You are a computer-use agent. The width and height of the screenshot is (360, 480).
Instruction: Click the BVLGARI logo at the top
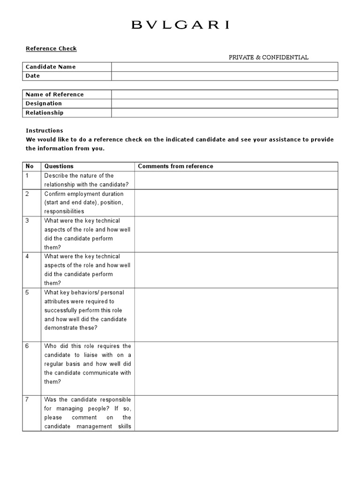[180, 25]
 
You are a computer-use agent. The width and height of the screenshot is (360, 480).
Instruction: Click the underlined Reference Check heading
[51, 48]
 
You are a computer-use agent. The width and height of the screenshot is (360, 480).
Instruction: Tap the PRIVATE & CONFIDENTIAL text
[269, 57]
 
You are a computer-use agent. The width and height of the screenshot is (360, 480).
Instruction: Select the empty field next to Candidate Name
[224, 67]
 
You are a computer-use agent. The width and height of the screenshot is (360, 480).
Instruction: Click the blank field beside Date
[224, 76]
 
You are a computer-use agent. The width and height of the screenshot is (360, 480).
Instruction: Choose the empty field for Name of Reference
[224, 94]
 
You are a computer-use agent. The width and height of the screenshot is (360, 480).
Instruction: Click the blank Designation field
[224, 103]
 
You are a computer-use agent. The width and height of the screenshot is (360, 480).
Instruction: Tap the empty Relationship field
[224, 112]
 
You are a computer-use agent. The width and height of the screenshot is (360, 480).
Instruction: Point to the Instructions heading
[45, 130]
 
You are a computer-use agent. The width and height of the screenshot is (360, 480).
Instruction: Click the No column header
[30, 166]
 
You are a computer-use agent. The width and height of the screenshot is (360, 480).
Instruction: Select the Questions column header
[59, 166]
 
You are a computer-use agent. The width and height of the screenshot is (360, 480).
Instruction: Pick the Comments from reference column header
[175, 166]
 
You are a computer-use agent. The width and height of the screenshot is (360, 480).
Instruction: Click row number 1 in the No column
[28, 175]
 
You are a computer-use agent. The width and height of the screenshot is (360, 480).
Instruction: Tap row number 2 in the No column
[28, 194]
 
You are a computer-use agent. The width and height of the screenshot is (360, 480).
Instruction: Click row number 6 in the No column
[28, 346]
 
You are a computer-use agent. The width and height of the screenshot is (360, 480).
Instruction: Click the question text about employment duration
[84, 202]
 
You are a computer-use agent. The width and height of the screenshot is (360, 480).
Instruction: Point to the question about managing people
[88, 413]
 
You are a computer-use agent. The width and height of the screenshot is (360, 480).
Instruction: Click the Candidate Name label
[51, 67]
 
